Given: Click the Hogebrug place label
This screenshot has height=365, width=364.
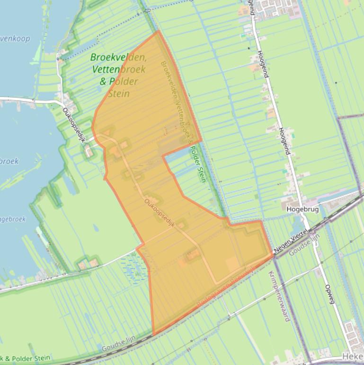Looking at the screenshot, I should (x=302, y=209).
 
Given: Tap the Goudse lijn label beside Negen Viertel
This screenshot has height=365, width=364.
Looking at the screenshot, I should (x=304, y=245).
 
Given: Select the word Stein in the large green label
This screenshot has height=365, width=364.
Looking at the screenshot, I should (x=118, y=94).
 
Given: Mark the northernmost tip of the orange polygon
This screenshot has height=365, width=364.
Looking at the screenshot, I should (x=157, y=31).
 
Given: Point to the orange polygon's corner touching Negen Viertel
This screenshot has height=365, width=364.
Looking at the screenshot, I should (x=274, y=255).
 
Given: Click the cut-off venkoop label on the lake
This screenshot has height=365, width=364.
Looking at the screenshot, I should (x=15, y=38).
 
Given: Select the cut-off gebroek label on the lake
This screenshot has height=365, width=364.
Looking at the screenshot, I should (x=13, y=219).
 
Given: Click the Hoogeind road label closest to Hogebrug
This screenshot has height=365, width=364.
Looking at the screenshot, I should (x=284, y=141).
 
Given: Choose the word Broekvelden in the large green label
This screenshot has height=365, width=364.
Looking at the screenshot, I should (x=118, y=57).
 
